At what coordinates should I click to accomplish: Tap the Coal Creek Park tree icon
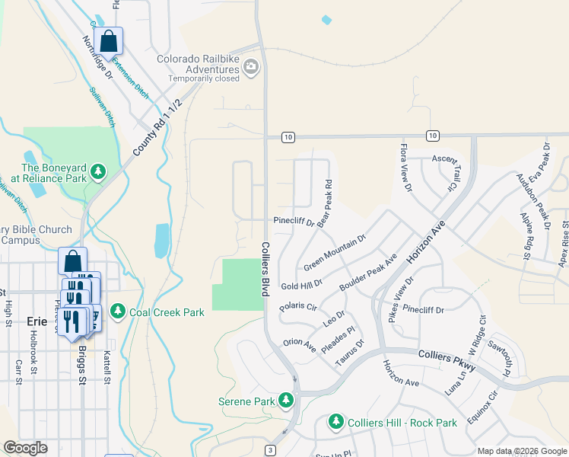coord(118,311)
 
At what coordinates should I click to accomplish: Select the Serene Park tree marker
coord(286,400)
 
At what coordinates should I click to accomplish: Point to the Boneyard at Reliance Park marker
coord(98,172)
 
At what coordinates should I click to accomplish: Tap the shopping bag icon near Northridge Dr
coord(109,41)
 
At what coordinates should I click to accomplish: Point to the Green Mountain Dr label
coord(335,252)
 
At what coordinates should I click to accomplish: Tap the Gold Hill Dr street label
coord(302,283)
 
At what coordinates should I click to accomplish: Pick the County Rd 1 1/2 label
coord(158,127)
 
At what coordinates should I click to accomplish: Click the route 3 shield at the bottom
coord(270,451)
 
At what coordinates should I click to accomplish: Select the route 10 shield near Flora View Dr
coord(433,136)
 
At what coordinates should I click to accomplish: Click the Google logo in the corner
coord(25,448)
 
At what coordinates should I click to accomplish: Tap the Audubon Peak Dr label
coord(532,197)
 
